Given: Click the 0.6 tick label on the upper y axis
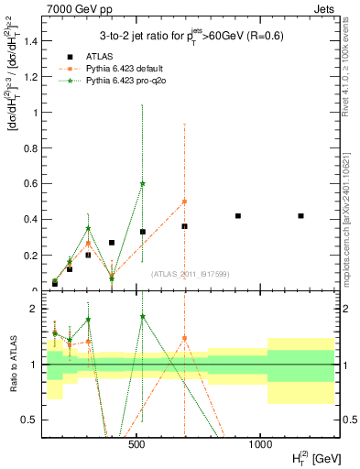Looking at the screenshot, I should pos(28,184).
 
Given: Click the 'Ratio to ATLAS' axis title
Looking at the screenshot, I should pos(13,365).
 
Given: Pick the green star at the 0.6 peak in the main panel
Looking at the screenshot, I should pos(143,183).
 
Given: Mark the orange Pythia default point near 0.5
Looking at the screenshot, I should pos(184,202).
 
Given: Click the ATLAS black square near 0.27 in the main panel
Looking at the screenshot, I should pos(112,243).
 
